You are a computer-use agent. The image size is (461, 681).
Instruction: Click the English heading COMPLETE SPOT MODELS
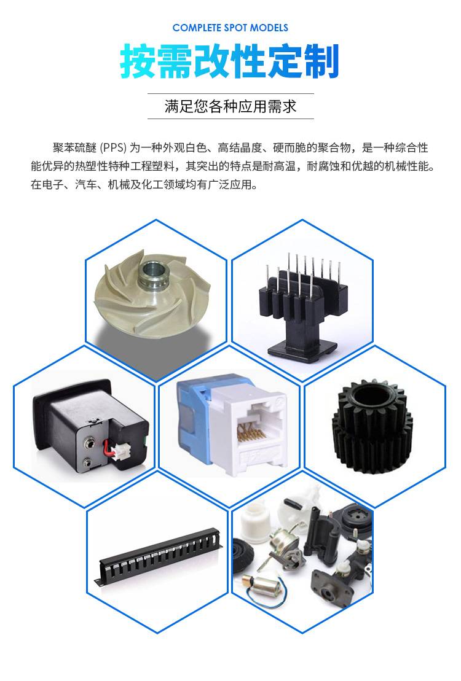tap(230, 28)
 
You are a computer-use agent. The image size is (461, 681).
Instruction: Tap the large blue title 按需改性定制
tap(230, 61)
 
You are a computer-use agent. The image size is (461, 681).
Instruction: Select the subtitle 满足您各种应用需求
tap(230, 106)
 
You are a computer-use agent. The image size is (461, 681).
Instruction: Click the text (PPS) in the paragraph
tap(114, 148)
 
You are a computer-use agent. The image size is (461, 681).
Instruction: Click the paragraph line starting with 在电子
tap(144, 185)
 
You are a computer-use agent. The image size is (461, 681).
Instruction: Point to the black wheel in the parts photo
tap(245, 556)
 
